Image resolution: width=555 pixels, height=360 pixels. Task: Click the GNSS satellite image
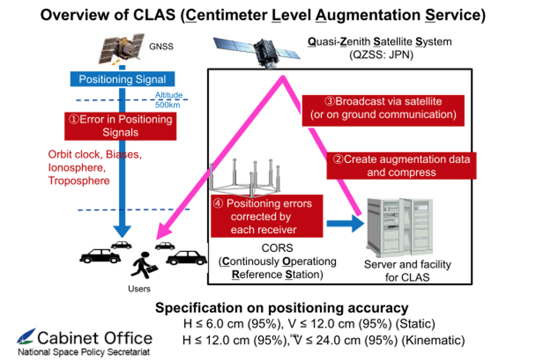(x=122, y=49)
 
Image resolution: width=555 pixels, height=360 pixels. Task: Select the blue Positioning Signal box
(x=122, y=79)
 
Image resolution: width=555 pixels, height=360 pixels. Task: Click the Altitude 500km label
(x=168, y=100)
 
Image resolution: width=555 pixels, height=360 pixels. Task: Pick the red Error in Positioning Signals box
(x=120, y=126)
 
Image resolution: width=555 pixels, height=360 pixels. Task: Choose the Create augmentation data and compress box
(x=401, y=166)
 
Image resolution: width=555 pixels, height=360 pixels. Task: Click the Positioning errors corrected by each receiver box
(x=267, y=216)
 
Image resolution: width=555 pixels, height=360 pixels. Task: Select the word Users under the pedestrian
(x=139, y=289)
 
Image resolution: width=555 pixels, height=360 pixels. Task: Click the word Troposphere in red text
(x=79, y=181)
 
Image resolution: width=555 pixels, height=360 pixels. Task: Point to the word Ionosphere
(x=76, y=168)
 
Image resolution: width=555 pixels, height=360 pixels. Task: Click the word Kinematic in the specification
(x=433, y=340)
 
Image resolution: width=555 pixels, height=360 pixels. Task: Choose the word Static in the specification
(x=415, y=324)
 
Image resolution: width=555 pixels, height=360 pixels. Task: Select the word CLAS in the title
(x=154, y=15)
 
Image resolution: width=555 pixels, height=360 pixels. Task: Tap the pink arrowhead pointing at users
(x=163, y=232)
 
